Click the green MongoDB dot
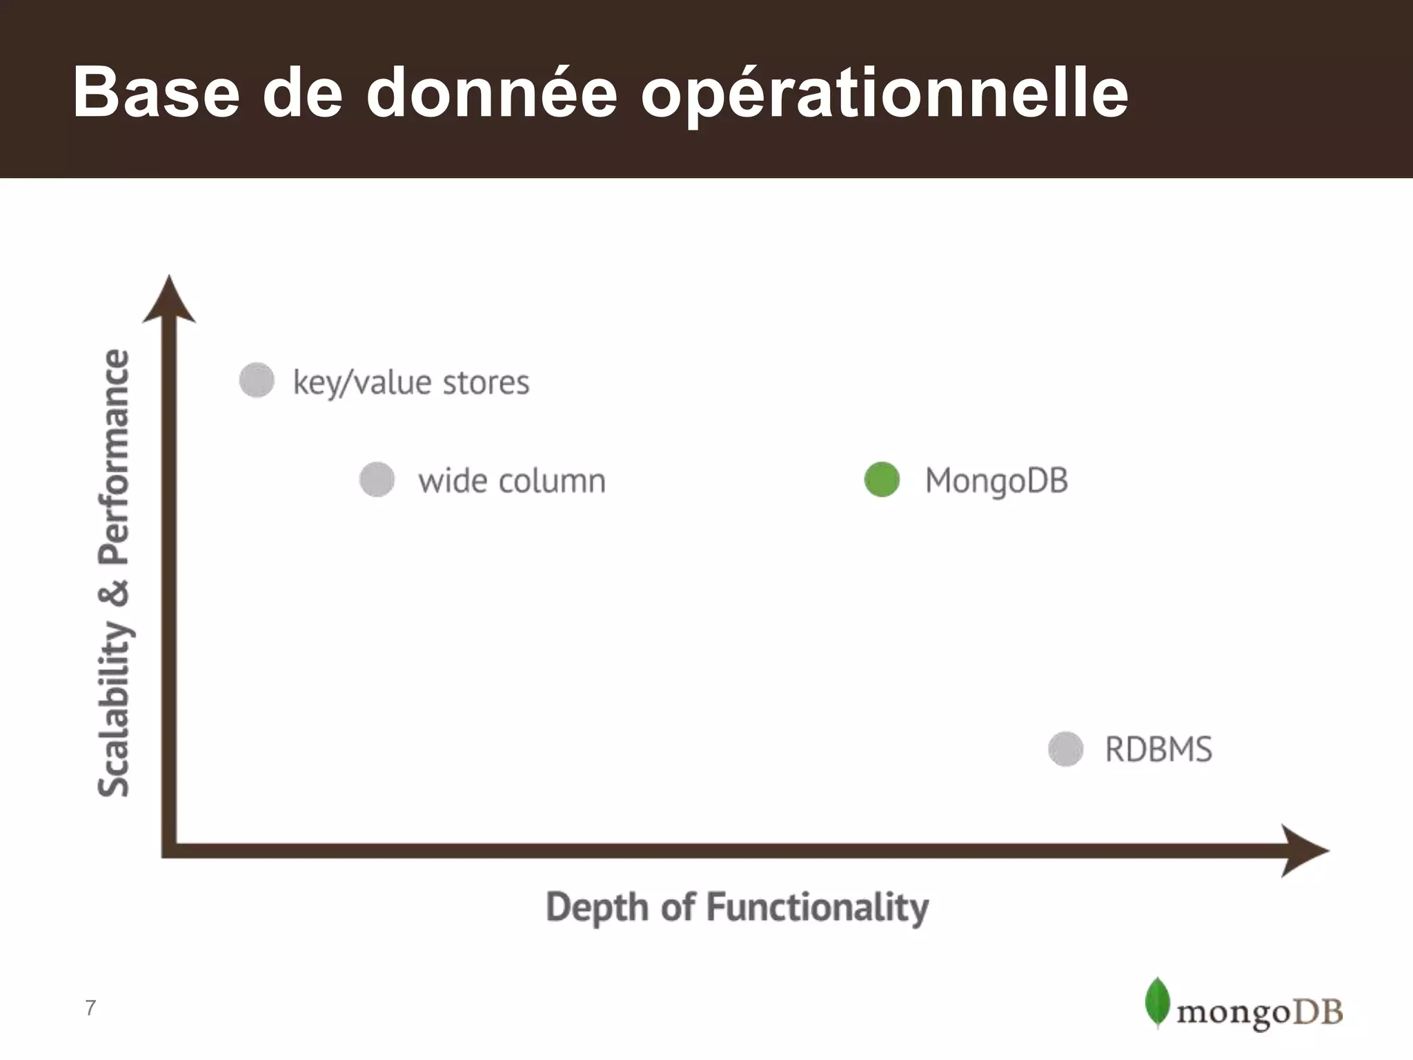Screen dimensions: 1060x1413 pos(882,480)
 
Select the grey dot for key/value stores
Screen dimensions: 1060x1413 pos(257,380)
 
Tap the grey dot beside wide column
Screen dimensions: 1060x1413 pos(377,480)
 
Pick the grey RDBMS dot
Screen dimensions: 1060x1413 pos(1066,749)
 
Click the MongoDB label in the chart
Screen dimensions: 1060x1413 pos(996,481)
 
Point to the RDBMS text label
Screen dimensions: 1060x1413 pos(1158,749)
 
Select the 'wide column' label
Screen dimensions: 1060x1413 pos(511,481)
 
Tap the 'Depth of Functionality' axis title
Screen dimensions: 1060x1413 pos(737,907)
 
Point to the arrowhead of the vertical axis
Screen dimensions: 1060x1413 pos(169,300)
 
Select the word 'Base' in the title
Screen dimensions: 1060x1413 pos(156,92)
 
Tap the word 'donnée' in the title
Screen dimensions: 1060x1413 pos(491,92)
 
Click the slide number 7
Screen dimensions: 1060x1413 pos(90,1008)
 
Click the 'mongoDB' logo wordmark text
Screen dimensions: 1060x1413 pos(1259,1012)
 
